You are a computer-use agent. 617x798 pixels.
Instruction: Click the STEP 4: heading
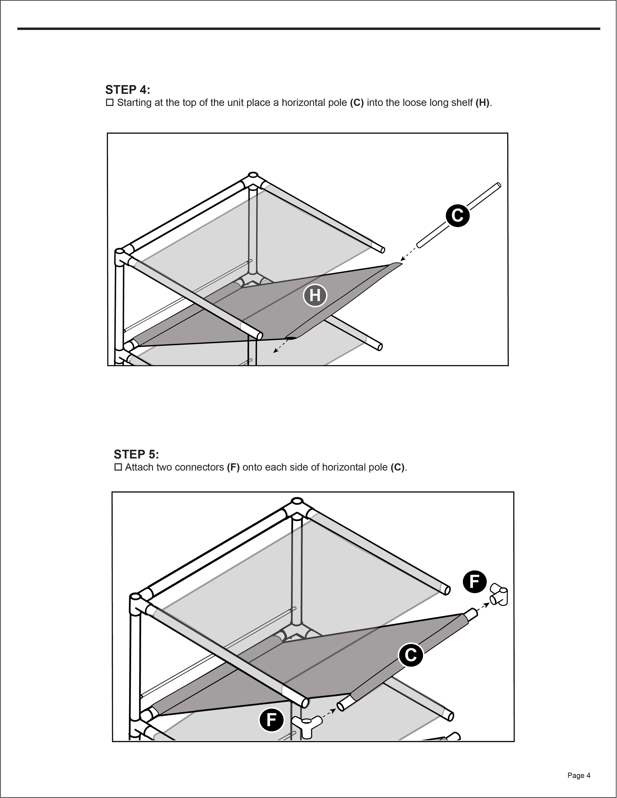tap(128, 90)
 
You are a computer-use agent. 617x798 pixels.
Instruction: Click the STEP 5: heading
tap(136, 454)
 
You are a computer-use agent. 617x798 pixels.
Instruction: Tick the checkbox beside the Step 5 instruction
tap(118, 467)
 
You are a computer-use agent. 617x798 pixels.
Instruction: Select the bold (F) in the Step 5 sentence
tap(233, 467)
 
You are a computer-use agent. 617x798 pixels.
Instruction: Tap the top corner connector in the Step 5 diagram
tap(297, 507)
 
